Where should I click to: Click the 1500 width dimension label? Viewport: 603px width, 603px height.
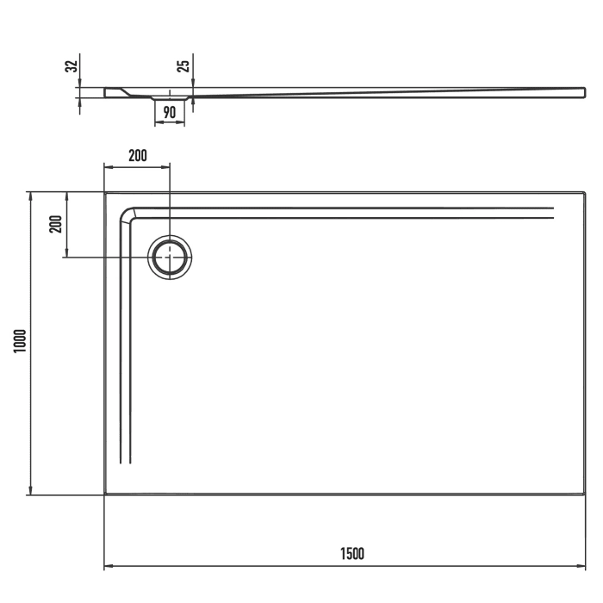(351, 553)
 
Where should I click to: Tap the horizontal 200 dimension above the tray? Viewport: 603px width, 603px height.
(137, 155)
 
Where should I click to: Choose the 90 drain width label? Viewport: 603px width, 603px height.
(170, 111)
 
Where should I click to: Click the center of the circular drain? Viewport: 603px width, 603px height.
(171, 257)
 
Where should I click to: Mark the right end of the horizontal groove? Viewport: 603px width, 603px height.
(552, 212)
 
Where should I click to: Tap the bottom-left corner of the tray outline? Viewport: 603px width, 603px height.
(104, 494)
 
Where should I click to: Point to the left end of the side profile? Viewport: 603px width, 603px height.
(105, 91)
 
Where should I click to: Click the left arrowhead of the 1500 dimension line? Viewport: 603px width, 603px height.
(107, 566)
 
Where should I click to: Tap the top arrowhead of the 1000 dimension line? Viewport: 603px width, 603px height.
(31, 195)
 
